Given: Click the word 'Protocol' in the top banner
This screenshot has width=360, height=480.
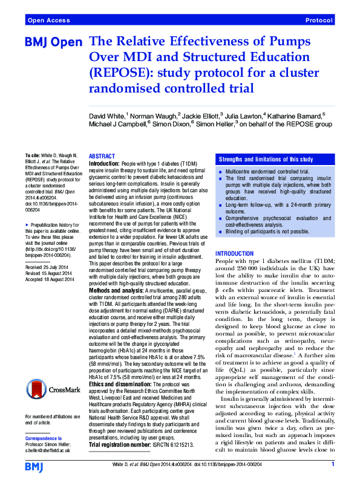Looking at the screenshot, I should coord(319,20).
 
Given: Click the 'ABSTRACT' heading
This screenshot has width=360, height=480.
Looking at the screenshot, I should coord(102,156).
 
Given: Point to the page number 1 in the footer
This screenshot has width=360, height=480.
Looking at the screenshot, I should coord(333,464).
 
